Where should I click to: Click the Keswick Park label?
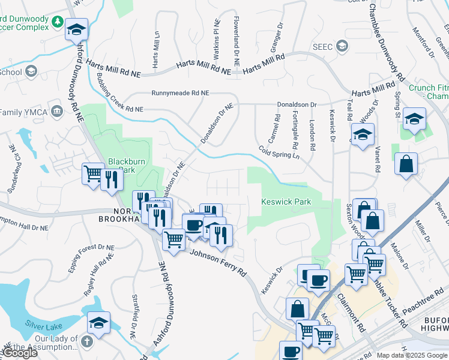[x=286, y=202]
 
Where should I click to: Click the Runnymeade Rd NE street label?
[x=180, y=94]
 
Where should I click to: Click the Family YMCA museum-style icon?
[x=57, y=111]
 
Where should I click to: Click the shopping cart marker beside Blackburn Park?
[x=93, y=175]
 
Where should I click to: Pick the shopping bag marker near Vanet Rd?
[x=406, y=163]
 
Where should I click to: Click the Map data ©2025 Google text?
[x=412, y=355]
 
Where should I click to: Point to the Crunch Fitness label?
[x=429, y=92]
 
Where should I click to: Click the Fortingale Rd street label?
[x=295, y=130]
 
